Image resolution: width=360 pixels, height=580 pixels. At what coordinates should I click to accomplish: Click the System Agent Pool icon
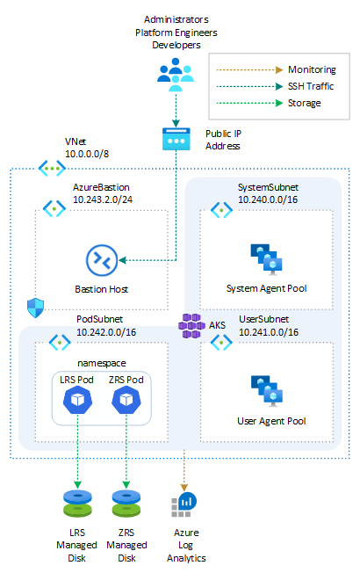(x=267, y=256)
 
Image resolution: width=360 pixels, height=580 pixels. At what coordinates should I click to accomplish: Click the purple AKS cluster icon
(x=191, y=325)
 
